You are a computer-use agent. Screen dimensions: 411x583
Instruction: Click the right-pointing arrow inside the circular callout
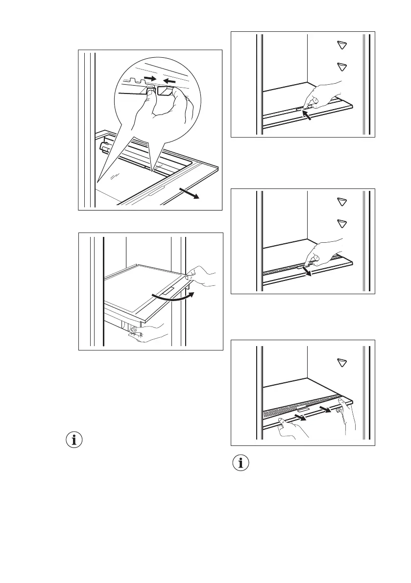tap(152, 77)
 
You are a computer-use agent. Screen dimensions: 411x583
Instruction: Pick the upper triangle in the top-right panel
tap(341, 46)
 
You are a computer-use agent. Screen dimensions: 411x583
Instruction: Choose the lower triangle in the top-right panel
tap(341, 66)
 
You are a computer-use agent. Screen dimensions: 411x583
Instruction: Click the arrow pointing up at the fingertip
tap(306, 116)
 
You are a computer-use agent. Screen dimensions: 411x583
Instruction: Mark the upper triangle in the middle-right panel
tap(341, 202)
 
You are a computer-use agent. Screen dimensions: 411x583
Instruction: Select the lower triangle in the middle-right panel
tap(341, 223)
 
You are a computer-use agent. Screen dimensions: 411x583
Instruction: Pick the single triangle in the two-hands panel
tap(341, 363)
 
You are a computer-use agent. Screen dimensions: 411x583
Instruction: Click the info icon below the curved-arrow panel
tap(74, 440)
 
